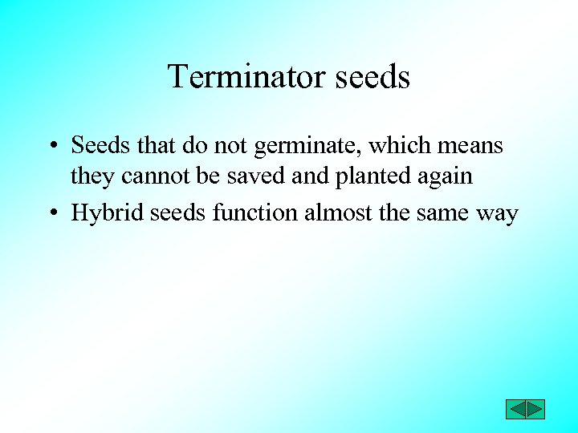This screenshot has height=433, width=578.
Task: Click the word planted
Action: coord(366,176)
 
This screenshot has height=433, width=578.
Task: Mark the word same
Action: coord(438,214)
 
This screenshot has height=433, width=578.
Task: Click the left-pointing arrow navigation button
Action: coord(515,409)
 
